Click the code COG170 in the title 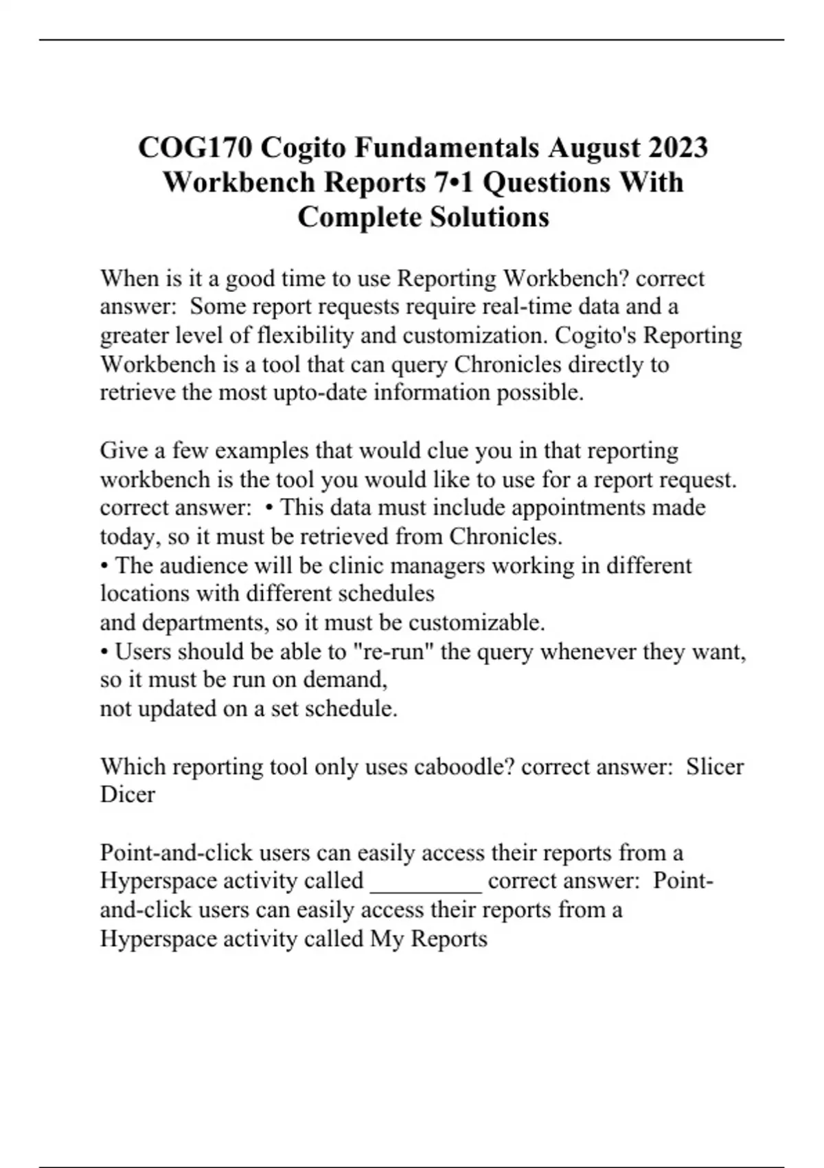click(x=195, y=148)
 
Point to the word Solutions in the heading click(x=490, y=217)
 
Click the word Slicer click(x=715, y=767)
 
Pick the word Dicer click(x=128, y=795)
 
